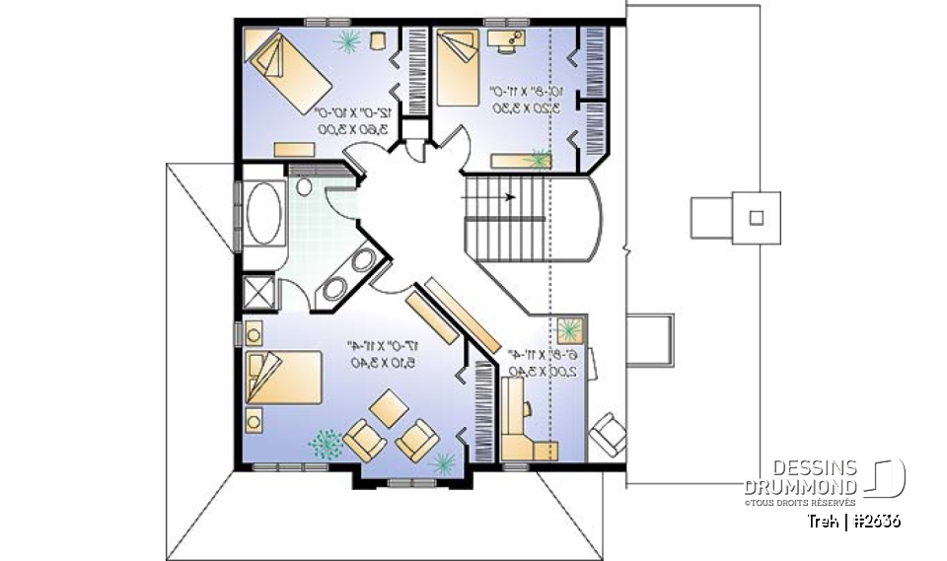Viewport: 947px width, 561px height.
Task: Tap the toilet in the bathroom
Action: (x=304, y=186)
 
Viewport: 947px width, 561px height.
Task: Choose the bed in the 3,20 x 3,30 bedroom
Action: (x=457, y=66)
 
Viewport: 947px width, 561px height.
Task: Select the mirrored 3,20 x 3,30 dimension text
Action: (x=519, y=101)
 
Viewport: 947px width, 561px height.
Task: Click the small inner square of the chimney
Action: (x=757, y=216)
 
